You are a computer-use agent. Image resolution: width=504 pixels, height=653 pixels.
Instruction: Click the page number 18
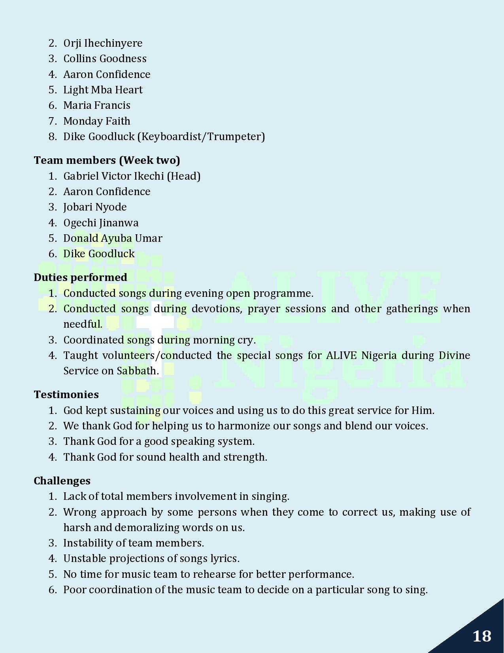(x=482, y=636)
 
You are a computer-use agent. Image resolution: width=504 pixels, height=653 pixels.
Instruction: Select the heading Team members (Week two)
(x=107, y=160)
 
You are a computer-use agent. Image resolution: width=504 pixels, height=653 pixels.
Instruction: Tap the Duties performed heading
(x=80, y=277)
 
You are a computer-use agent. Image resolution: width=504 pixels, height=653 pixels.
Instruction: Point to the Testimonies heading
(x=66, y=395)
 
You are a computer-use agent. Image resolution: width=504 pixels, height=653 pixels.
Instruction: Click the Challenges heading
(x=62, y=481)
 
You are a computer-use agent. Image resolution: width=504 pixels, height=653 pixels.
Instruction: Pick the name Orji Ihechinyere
(x=103, y=43)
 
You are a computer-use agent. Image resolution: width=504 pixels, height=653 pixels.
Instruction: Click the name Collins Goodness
(x=105, y=59)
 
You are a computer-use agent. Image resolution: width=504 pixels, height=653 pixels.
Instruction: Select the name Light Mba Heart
(x=103, y=90)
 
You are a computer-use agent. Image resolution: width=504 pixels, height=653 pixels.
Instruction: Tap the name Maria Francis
(x=97, y=105)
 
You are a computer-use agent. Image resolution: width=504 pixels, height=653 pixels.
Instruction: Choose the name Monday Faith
(x=97, y=121)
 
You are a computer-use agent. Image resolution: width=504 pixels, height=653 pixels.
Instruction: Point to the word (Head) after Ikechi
(x=184, y=176)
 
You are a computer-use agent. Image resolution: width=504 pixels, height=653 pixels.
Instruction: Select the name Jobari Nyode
(x=95, y=207)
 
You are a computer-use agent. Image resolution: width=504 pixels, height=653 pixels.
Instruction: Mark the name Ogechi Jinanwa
(x=101, y=223)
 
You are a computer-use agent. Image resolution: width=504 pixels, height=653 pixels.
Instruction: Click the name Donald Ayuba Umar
(x=113, y=238)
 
